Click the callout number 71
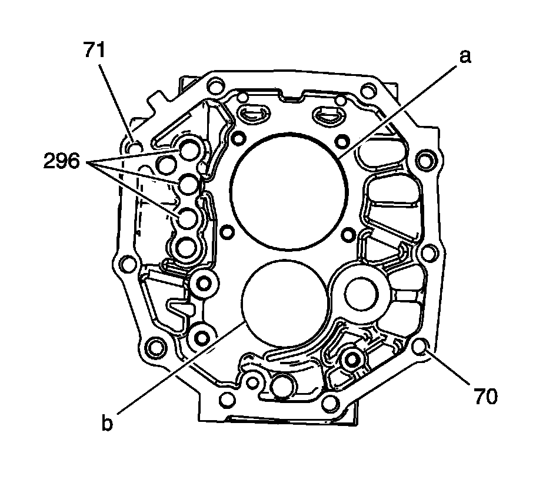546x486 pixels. tap(94, 49)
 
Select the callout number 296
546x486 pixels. tap(62, 161)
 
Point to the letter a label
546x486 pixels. tap(465, 56)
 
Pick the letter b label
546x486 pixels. tap(107, 422)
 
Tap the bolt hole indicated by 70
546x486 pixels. tap(420, 347)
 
